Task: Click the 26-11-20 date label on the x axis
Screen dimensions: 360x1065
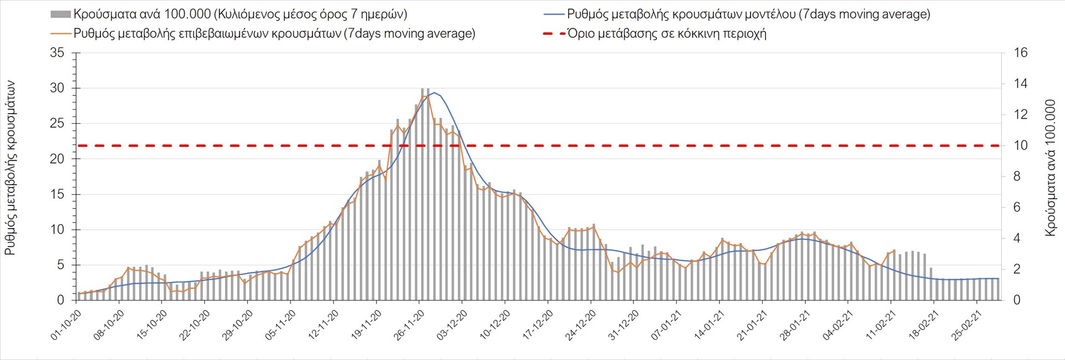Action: [x=409, y=324]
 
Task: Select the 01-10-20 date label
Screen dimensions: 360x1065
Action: [x=67, y=324]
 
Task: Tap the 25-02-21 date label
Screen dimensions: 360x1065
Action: [x=966, y=324]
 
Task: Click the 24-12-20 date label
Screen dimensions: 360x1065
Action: [x=581, y=324]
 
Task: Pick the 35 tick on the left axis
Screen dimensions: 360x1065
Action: [x=57, y=53]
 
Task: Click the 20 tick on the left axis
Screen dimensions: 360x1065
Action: [x=57, y=159]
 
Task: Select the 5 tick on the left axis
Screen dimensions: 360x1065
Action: [x=60, y=265]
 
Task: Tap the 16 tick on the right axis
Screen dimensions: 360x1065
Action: [x=1021, y=53]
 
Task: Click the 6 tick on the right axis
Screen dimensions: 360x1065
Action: [x=1017, y=207]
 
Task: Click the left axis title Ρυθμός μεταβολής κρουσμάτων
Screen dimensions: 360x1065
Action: [x=10, y=168]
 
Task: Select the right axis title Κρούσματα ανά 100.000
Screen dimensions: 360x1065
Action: [x=1050, y=168]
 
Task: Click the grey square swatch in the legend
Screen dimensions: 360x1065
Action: [x=60, y=14]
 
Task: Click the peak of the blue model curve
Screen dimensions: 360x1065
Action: [x=434, y=93]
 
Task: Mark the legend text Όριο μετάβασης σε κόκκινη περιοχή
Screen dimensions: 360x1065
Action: [x=667, y=34]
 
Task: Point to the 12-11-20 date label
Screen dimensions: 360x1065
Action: [x=324, y=324]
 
